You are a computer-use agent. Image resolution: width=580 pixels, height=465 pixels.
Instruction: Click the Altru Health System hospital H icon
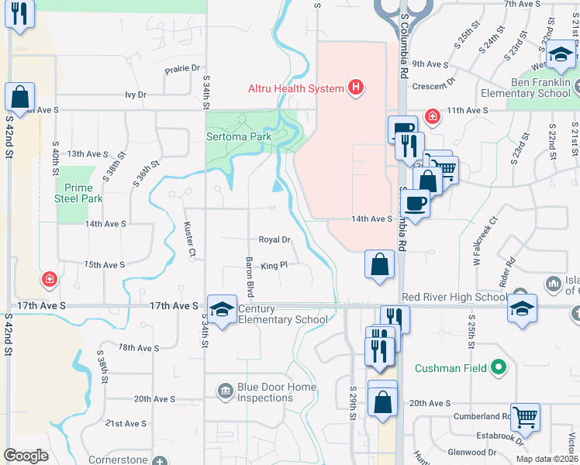click(356, 87)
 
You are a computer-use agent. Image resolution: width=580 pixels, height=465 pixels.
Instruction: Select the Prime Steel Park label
click(79, 193)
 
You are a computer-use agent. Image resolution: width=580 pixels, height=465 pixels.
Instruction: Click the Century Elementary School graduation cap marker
click(222, 309)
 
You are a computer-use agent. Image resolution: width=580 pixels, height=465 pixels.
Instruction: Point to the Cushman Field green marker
click(500, 368)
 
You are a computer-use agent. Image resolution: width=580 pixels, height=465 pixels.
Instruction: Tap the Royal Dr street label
click(274, 240)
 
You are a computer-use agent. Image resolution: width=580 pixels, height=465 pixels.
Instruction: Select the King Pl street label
click(274, 265)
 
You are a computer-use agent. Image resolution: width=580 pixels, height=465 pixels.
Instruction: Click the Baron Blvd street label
click(250, 277)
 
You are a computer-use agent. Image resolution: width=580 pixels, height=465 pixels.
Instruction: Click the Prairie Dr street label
click(182, 68)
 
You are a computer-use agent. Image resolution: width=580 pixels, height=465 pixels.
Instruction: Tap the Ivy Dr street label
click(135, 95)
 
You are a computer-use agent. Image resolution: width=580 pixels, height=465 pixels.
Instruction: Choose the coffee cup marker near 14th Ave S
click(416, 203)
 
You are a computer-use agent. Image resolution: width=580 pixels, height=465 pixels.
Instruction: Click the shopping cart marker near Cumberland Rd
click(526, 416)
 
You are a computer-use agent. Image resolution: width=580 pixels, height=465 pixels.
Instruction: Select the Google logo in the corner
click(26, 456)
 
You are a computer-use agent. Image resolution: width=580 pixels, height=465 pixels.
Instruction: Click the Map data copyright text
click(547, 459)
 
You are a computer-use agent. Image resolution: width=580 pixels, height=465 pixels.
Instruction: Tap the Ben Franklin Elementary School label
click(540, 88)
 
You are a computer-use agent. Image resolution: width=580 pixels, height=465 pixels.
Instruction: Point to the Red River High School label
click(454, 297)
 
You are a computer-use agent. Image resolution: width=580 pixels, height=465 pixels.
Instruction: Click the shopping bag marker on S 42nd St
click(20, 98)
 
